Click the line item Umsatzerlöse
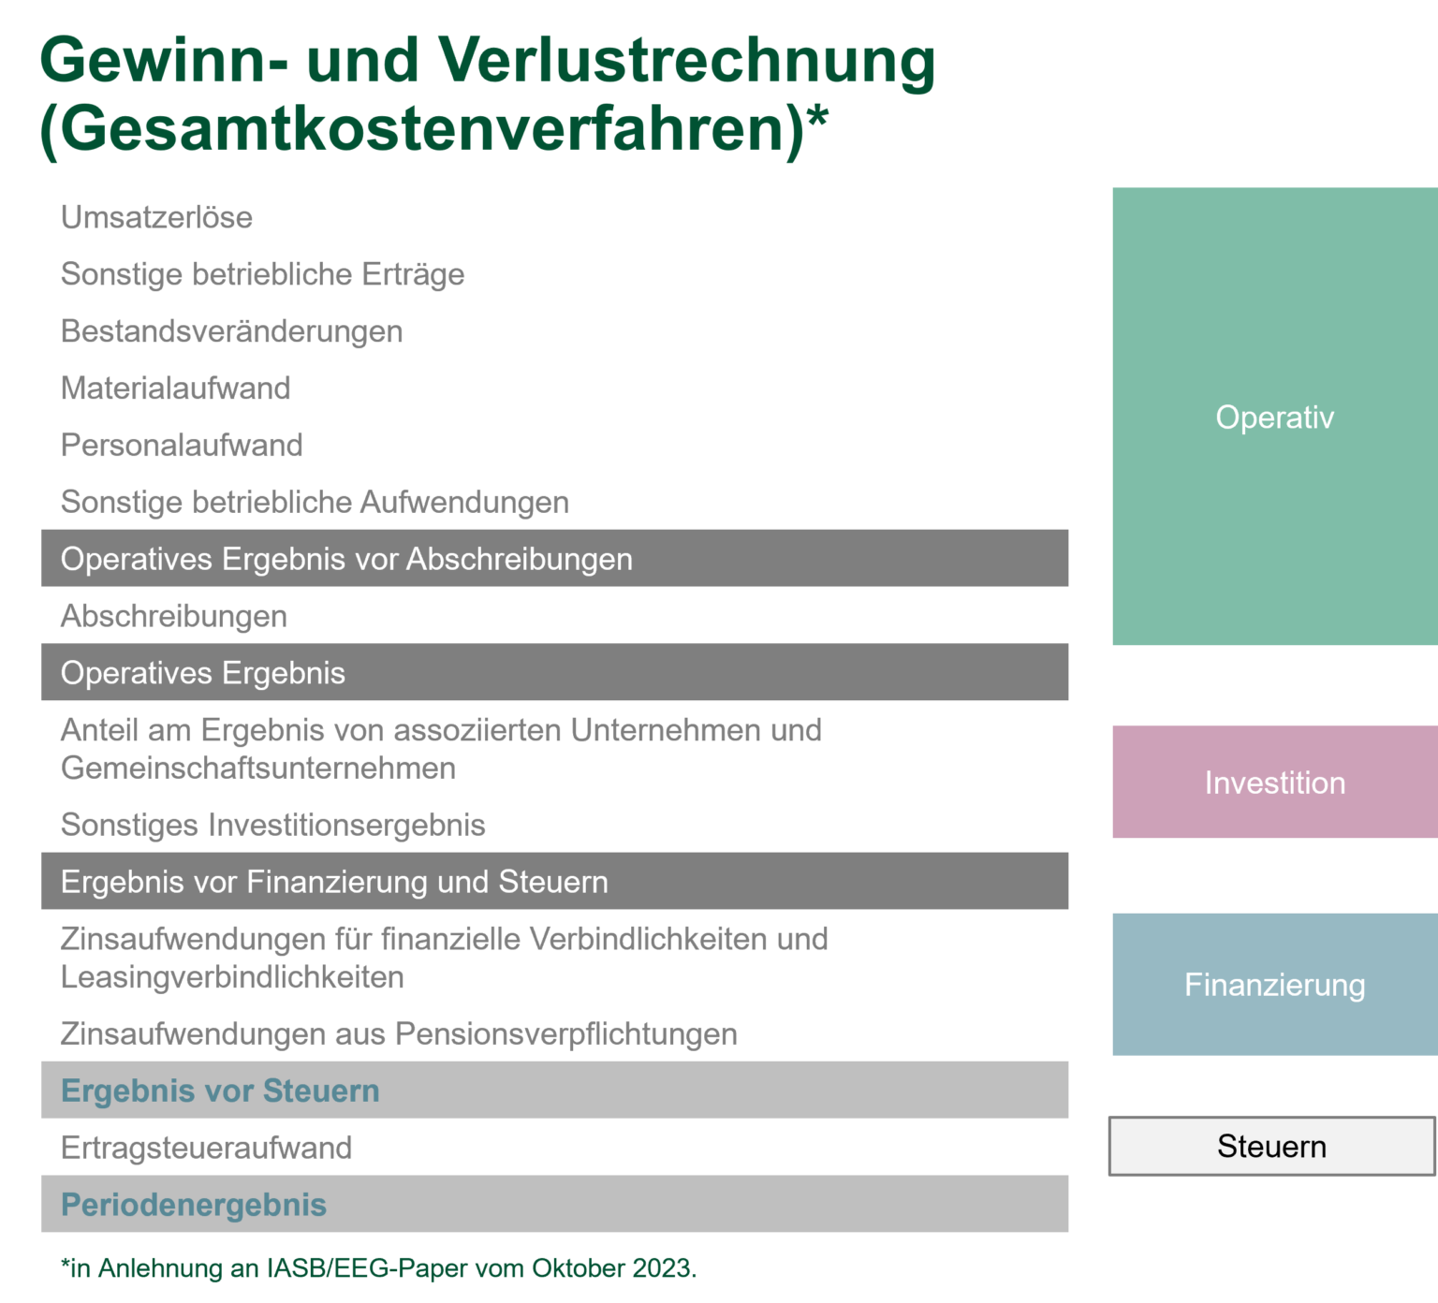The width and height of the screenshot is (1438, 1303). tap(156, 217)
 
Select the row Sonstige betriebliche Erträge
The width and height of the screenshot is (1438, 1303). tap(262, 274)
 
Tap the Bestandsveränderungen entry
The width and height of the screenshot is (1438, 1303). tap(231, 331)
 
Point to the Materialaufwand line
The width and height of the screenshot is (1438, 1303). tap(175, 388)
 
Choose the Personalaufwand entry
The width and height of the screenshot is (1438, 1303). tap(182, 446)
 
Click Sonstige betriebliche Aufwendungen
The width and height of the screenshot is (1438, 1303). tap(315, 503)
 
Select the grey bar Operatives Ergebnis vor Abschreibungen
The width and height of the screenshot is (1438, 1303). tap(554, 559)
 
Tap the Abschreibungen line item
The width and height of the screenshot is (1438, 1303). tap(173, 616)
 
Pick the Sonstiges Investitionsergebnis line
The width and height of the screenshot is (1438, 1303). tap(272, 825)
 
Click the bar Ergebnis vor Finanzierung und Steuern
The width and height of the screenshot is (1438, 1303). tap(554, 882)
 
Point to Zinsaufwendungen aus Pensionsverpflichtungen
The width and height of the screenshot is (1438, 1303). tap(399, 1034)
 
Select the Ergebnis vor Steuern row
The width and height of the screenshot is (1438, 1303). tap(554, 1091)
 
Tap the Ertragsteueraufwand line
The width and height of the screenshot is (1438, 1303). tap(206, 1148)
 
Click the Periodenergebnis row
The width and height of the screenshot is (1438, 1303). tap(554, 1205)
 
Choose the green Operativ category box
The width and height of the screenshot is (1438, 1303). tap(1274, 417)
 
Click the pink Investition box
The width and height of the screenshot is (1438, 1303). tap(1274, 783)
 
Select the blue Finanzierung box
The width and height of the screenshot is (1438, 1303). tap(1274, 985)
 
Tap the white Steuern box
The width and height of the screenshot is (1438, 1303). tap(1271, 1146)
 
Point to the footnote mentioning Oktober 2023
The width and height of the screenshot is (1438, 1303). tap(379, 1268)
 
